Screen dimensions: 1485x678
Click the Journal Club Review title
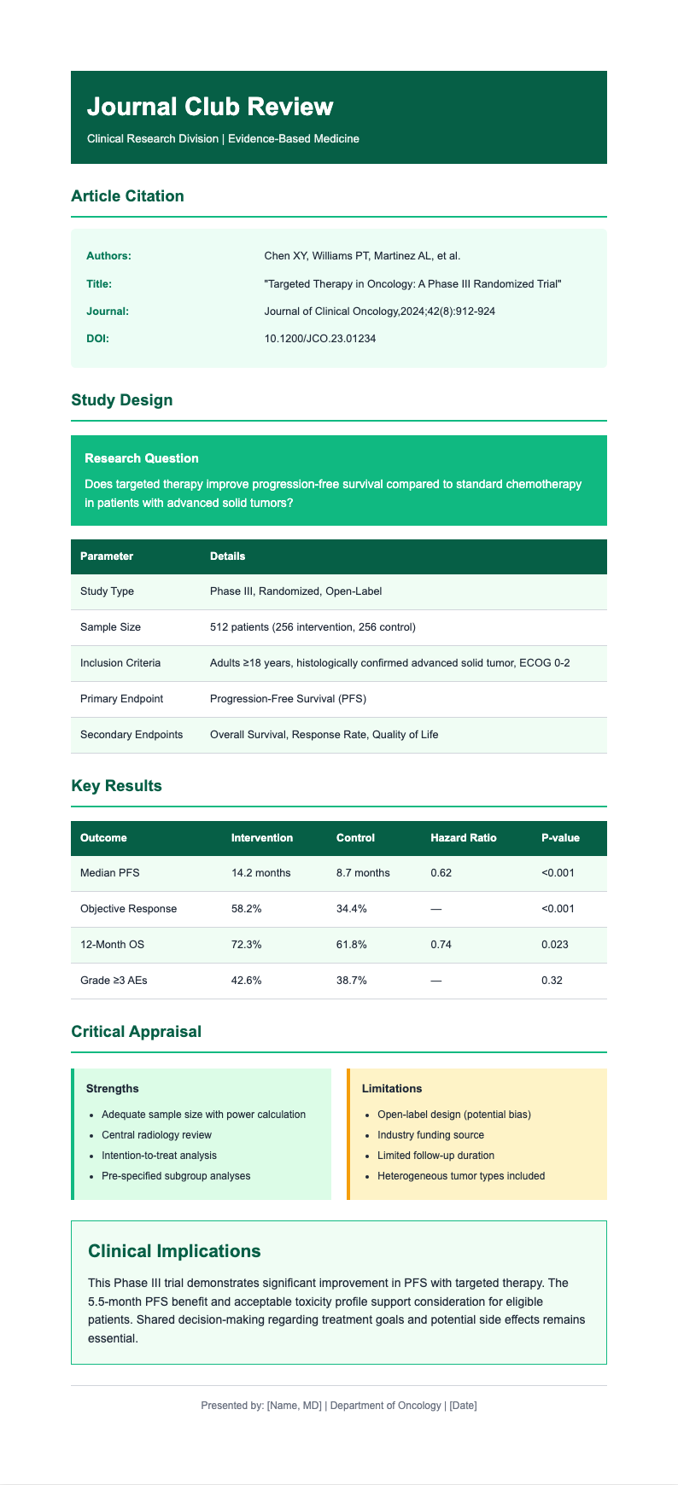tap(210, 107)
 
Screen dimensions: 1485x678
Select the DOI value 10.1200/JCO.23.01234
tap(320, 339)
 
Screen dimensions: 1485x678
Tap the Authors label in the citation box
tap(108, 256)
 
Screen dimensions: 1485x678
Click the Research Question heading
tap(142, 458)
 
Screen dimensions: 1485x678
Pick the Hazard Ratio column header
tap(464, 838)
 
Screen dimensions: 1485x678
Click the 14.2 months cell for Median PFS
tap(260, 873)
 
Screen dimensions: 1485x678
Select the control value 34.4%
tap(352, 909)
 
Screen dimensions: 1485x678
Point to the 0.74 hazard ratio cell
tap(442, 945)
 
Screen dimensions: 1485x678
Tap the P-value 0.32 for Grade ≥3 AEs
tap(552, 981)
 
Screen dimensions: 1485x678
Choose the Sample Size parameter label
tap(110, 627)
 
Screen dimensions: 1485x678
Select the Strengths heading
tap(113, 1089)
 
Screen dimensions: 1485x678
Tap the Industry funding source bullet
tap(430, 1135)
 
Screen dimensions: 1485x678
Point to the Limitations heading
tap(392, 1089)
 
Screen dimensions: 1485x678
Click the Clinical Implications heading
tap(174, 1251)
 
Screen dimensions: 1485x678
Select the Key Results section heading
tap(116, 786)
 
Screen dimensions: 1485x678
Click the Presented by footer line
tap(339, 1406)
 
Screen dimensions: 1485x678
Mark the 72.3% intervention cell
tap(247, 945)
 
